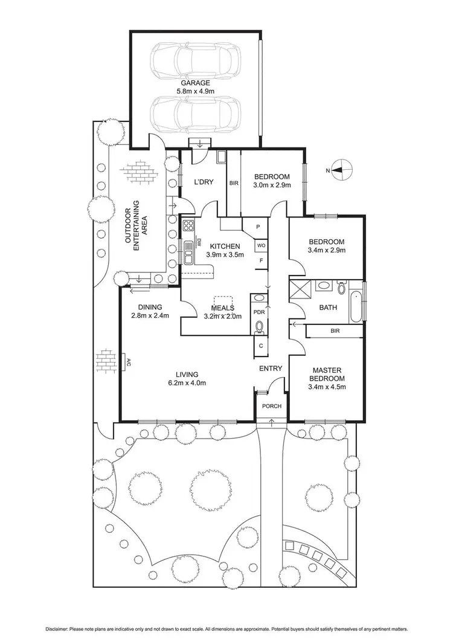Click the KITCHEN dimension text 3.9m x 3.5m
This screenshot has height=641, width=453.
coord(224,255)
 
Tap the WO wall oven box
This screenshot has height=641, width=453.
coord(261,246)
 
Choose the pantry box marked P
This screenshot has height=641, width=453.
coord(258,227)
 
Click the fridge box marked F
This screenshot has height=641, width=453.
coord(260,261)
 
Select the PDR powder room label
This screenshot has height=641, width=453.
coord(258,312)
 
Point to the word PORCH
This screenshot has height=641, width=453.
coord(272,405)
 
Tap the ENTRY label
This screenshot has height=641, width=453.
coord(270,368)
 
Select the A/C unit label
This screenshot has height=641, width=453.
coord(128,362)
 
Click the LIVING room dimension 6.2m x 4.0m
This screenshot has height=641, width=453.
coord(187,382)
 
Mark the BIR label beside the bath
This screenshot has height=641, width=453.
coord(334,331)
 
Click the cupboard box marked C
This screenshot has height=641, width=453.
coord(261,346)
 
